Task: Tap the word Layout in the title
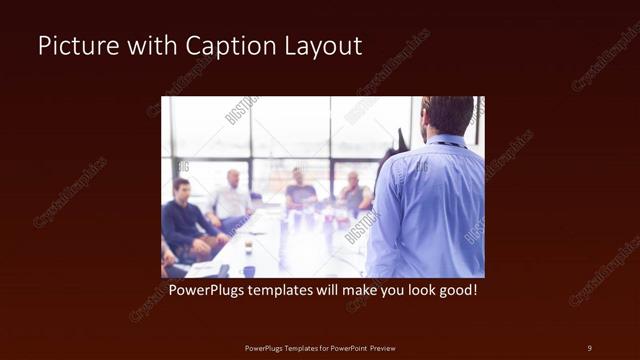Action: pyautogui.click(x=317, y=46)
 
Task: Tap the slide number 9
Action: pyautogui.click(x=589, y=347)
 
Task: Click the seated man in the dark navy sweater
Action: pyautogui.click(x=183, y=222)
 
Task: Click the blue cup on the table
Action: pyautogui.click(x=249, y=270)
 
